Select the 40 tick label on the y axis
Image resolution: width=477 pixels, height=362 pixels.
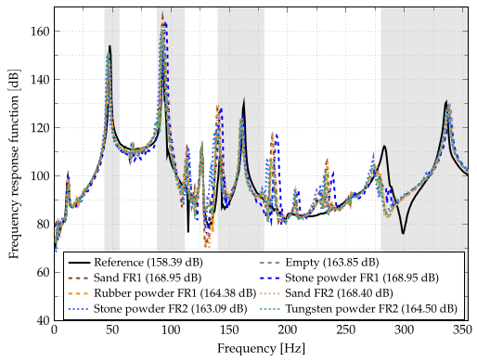click(x=43, y=320)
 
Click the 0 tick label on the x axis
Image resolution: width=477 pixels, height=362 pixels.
click(x=54, y=331)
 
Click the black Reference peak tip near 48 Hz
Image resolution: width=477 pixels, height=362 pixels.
click(x=110, y=45)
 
